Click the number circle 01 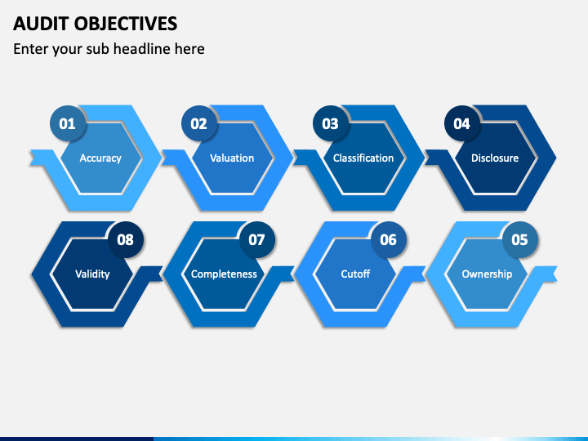tap(68, 123)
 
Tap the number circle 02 tap(198, 123)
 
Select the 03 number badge tap(331, 123)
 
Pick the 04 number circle tap(461, 123)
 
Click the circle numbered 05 tap(519, 239)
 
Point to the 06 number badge tap(388, 239)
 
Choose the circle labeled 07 tap(257, 239)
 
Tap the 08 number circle tap(125, 239)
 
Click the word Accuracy tap(100, 158)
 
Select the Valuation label tap(232, 158)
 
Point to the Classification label tap(363, 158)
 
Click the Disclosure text tap(495, 158)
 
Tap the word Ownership tap(487, 274)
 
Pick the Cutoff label tap(355, 274)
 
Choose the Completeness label tap(224, 274)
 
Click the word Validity tap(92, 274)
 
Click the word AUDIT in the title tap(41, 24)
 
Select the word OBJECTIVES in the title tap(126, 24)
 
